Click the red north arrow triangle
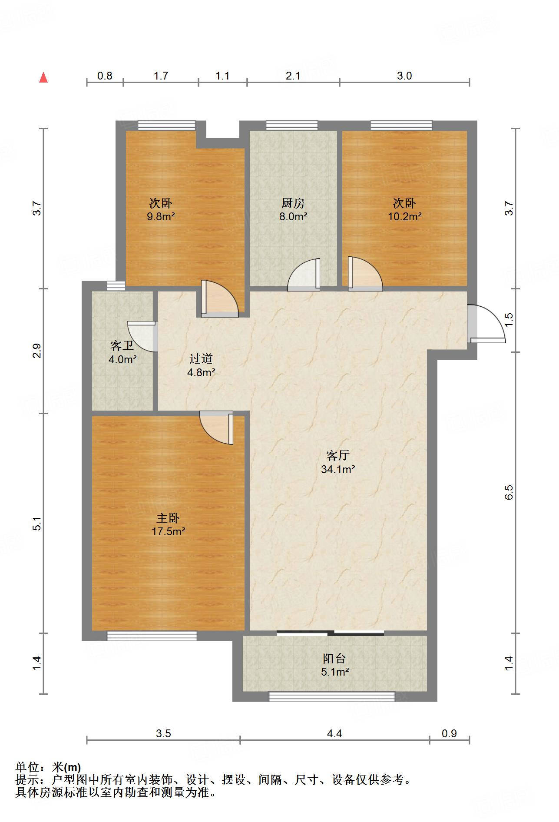(43, 78)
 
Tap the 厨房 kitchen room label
(293, 203)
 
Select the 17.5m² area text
(169, 531)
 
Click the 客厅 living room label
(338, 455)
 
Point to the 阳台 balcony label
(334, 658)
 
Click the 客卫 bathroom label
(122, 346)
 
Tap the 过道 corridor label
(201, 358)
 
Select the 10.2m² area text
(404, 216)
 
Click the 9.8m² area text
(161, 216)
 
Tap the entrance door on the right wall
(486, 324)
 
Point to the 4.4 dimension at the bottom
(334, 733)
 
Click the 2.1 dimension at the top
(293, 76)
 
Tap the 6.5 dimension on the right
(509, 492)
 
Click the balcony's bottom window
(332, 696)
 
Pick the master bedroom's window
(152, 636)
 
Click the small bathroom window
(116, 285)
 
